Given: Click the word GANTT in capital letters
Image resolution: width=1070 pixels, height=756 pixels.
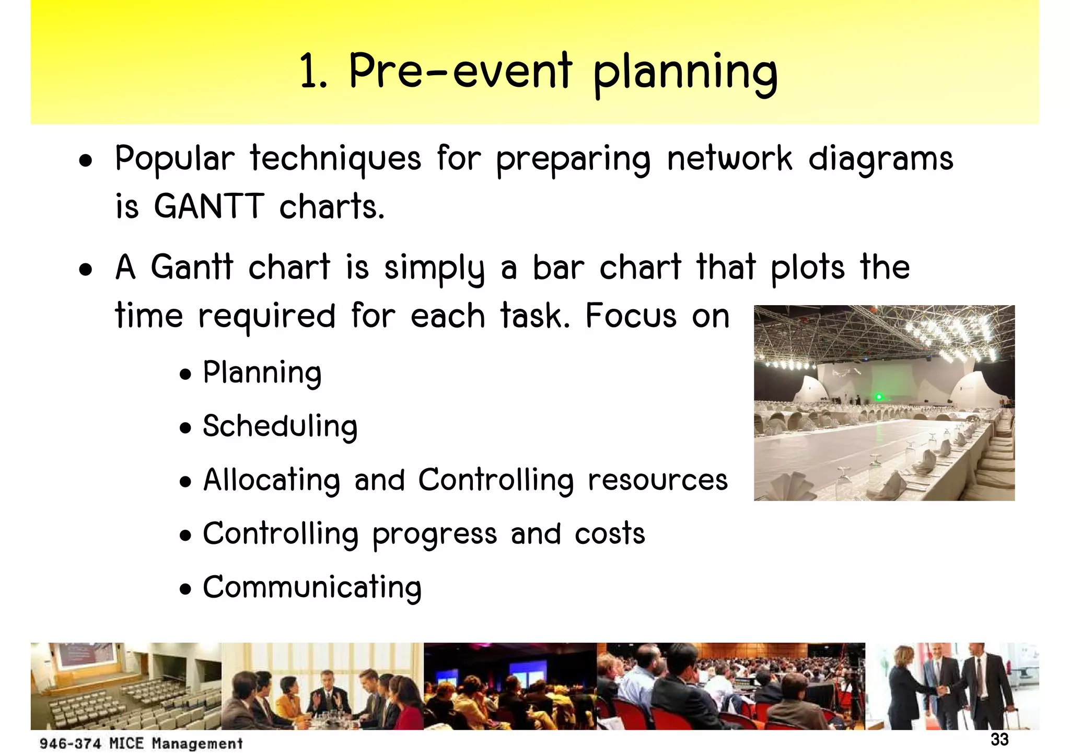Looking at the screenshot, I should pyautogui.click(x=208, y=207).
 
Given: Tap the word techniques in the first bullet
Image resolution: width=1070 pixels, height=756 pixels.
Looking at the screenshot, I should pyautogui.click(x=335, y=159).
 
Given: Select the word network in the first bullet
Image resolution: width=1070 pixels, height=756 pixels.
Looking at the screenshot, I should pyautogui.click(x=729, y=159).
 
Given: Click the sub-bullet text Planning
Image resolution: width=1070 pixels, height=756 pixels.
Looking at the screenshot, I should pyautogui.click(x=262, y=373).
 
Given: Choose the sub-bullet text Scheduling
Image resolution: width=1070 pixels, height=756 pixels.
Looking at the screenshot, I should pyautogui.click(x=280, y=426).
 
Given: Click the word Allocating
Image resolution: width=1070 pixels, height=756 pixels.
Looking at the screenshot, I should pyautogui.click(x=272, y=480).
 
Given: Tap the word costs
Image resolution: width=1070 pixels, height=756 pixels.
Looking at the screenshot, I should pyautogui.click(x=610, y=534).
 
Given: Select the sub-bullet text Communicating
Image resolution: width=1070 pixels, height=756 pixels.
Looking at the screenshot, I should pyautogui.click(x=312, y=588).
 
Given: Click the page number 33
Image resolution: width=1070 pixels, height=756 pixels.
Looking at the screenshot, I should pyautogui.click(x=999, y=740).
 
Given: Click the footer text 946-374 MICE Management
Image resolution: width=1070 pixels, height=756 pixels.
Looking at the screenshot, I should pyautogui.click(x=141, y=743).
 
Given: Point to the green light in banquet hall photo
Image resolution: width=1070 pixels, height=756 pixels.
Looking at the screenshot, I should pyautogui.click(x=879, y=397).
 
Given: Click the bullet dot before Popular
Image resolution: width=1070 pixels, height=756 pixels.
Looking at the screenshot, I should pyautogui.click(x=86, y=161).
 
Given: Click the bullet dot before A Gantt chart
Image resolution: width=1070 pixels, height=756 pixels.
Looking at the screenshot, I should pyautogui.click(x=86, y=270).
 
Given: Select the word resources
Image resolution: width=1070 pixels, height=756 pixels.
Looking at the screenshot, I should pyautogui.click(x=657, y=480).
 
